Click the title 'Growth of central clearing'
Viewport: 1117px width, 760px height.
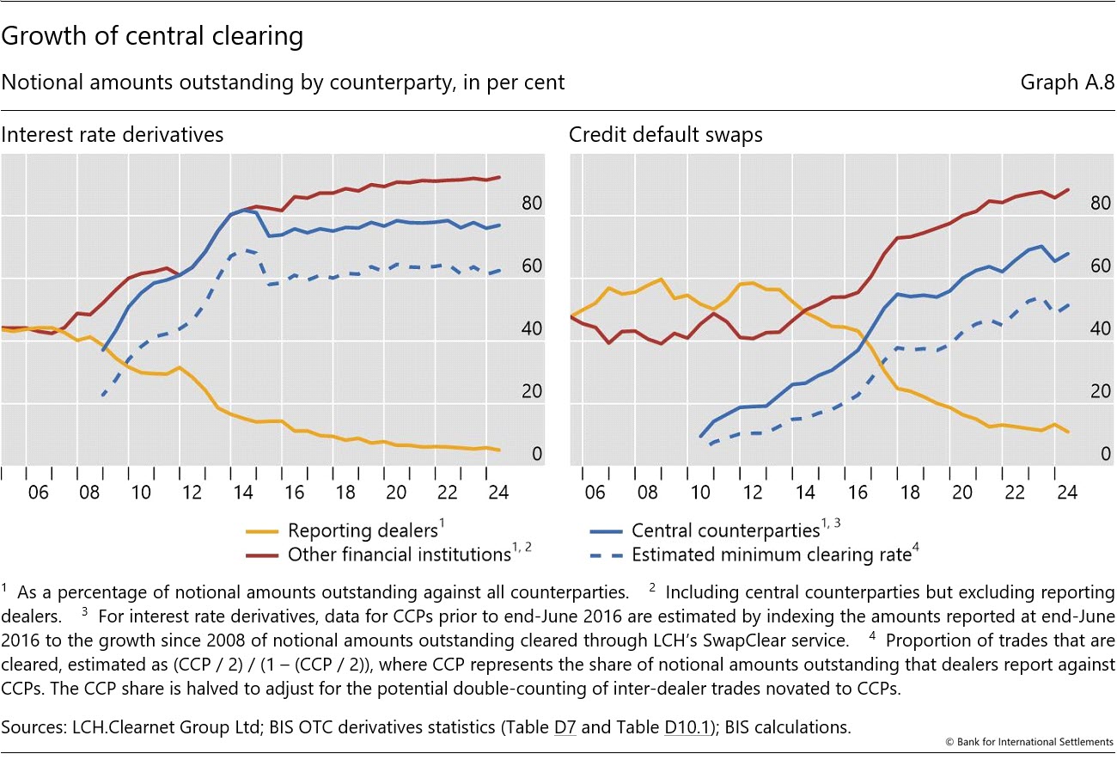(153, 37)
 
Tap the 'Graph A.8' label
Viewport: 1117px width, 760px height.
(1067, 83)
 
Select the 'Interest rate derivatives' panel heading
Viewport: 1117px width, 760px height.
(113, 135)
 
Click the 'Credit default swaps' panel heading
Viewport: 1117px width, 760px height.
(666, 135)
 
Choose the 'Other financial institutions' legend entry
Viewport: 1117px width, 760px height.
(400, 555)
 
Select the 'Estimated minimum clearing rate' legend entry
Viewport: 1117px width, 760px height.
(771, 555)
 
